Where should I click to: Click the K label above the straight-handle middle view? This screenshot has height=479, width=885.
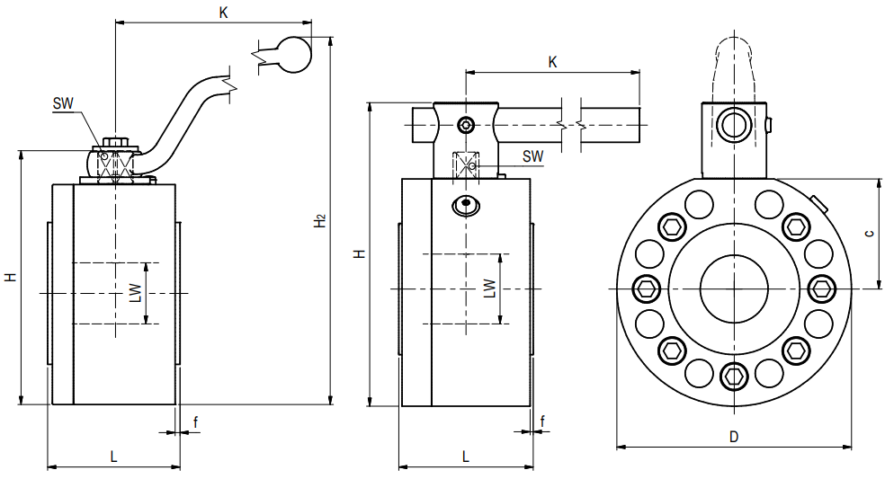click(553, 62)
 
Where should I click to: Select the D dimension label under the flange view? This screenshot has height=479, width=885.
click(734, 436)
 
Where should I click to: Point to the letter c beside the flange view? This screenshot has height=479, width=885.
click(868, 234)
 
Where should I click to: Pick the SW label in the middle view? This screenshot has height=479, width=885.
click(533, 155)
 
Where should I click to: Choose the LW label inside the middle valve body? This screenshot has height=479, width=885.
click(489, 288)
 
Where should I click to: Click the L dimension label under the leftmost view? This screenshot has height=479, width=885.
click(113, 456)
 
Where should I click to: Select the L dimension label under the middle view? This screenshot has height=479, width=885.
click(465, 456)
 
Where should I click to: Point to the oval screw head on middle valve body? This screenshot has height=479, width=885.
click(465, 205)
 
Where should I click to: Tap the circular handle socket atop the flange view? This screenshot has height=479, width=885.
click(734, 123)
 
